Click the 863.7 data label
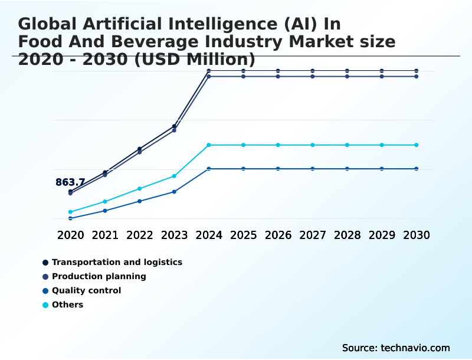pyautogui.click(x=70, y=182)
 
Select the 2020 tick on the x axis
pyautogui.click(x=70, y=235)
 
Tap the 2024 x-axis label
pyautogui.click(x=209, y=235)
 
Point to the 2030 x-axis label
pyautogui.click(x=417, y=235)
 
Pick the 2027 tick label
pyautogui.click(x=313, y=235)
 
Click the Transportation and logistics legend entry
pyautogui.click(x=117, y=262)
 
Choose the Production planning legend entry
pyautogui.click(x=99, y=276)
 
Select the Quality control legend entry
pyautogui.click(x=86, y=290)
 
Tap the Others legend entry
pyautogui.click(x=67, y=305)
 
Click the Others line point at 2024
pyautogui.click(x=209, y=145)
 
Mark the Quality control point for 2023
pyautogui.click(x=174, y=192)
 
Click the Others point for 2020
pyautogui.click(x=70, y=212)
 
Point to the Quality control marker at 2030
pyautogui.click(x=417, y=169)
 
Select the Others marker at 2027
pyautogui.click(x=313, y=145)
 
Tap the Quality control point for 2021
pyautogui.click(x=105, y=211)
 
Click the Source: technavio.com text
pyautogui.click(x=396, y=348)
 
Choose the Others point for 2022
pyautogui.click(x=140, y=189)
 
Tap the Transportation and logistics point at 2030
pyautogui.click(x=417, y=71)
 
